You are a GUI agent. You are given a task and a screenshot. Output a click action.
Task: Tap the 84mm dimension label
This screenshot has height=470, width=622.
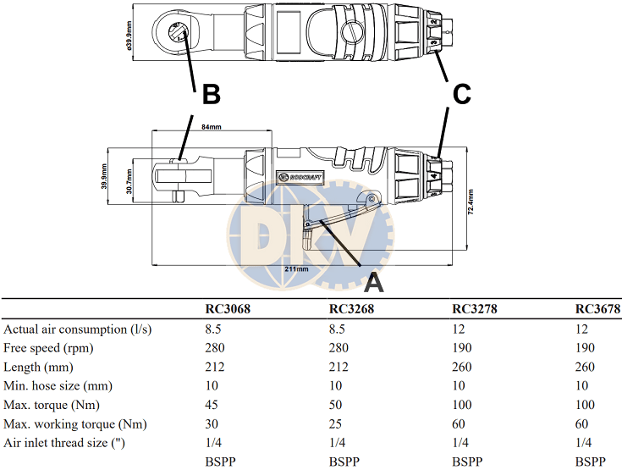pos(210,127)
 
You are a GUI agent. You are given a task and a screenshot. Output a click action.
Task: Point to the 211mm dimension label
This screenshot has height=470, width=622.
pos(297,268)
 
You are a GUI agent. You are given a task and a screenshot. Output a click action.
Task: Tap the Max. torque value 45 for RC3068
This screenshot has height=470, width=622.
pos(212,405)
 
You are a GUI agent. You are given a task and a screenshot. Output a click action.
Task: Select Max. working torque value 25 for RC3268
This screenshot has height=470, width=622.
pos(336,423)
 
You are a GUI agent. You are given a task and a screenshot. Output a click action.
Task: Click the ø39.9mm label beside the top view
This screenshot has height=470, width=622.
pos(129,35)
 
